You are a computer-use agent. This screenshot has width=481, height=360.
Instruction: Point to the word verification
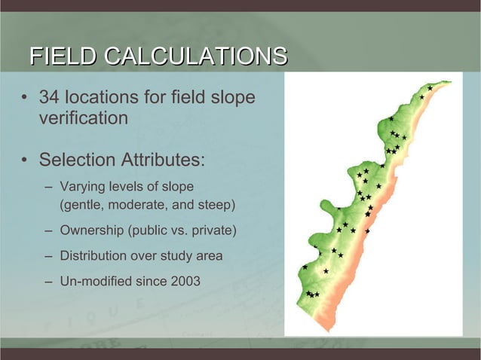click(83, 118)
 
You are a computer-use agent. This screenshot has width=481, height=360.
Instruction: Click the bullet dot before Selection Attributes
click(25, 162)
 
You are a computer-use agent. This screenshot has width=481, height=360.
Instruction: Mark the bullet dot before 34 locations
click(25, 99)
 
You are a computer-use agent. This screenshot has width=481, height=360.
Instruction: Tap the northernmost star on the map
click(429, 89)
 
